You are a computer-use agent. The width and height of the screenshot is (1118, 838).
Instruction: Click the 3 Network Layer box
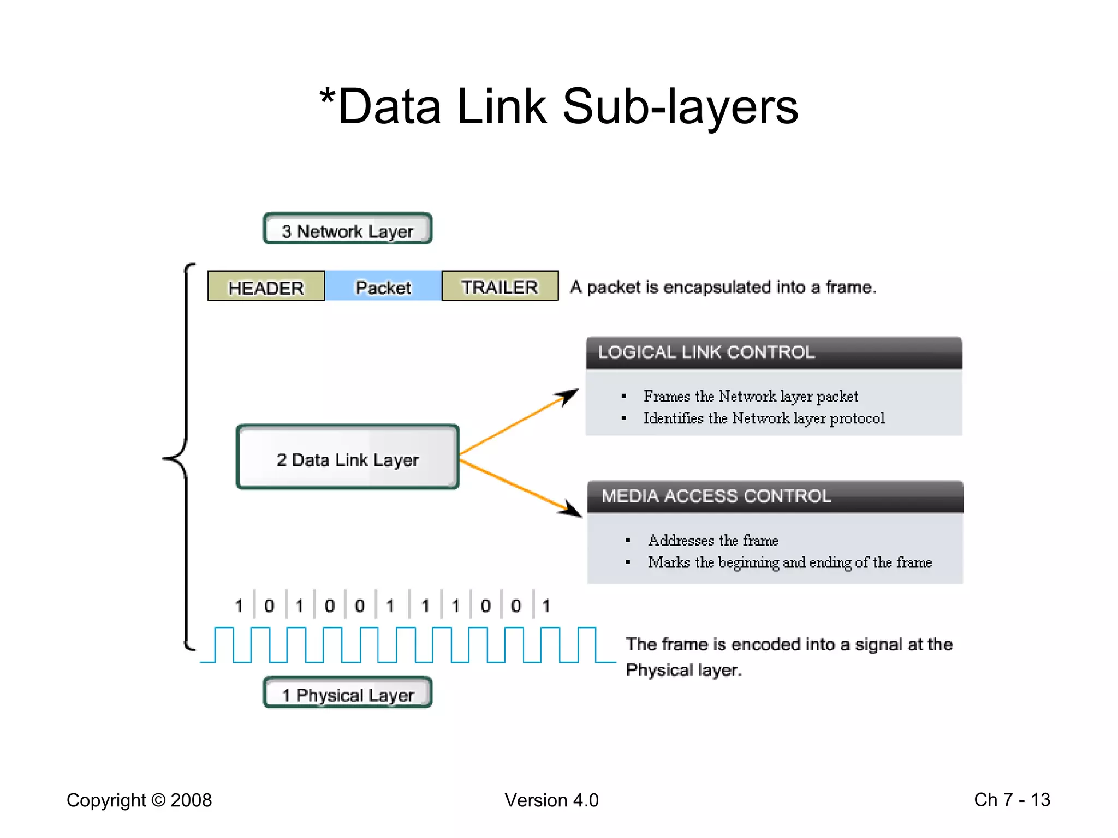coord(348,229)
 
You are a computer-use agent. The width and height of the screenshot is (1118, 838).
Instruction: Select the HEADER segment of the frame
coord(266,286)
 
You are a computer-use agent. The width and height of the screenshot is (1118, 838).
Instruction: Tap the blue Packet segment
coord(383,286)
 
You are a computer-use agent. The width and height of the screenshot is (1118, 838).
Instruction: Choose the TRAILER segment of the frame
coord(499,286)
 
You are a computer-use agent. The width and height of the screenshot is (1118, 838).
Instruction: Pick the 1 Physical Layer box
coord(348,694)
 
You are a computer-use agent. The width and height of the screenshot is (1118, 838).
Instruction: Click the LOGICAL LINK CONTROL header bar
coord(774,353)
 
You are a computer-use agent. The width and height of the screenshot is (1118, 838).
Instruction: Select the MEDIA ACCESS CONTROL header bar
coord(775,496)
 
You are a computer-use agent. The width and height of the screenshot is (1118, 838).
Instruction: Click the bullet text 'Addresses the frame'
coord(713,541)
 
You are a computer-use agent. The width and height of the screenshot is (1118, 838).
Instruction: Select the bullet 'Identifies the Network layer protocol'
coord(764,418)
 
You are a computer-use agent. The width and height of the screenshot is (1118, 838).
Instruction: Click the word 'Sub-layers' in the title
coord(680,107)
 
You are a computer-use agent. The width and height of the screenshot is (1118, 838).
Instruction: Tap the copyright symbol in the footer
coord(158,800)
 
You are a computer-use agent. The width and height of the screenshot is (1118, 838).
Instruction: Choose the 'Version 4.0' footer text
coord(551,800)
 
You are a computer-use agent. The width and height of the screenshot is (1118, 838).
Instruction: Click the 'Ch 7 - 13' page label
coord(1012,800)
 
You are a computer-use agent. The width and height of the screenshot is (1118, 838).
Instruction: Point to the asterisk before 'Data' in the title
coord(327,97)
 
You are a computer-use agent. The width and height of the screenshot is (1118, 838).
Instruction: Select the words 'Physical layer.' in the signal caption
coord(683,670)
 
